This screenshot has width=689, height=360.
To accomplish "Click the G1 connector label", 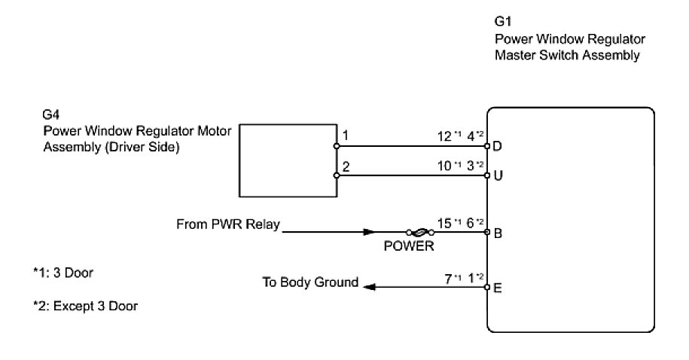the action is (x=503, y=21).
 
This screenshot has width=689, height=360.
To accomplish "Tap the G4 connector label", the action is (x=50, y=114).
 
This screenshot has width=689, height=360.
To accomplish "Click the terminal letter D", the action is (x=497, y=146).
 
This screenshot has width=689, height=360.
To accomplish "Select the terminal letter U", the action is (x=498, y=175).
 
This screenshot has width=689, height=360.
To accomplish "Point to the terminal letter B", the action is (x=498, y=233).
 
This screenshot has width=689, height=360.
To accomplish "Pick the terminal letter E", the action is (x=498, y=288).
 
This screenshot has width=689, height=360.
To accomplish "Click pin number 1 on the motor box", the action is (x=346, y=135).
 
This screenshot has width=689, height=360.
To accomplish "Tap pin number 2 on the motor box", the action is (x=346, y=166).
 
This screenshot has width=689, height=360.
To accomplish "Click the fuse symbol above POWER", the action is (x=420, y=232).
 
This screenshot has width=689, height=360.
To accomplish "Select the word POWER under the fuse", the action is (x=409, y=246).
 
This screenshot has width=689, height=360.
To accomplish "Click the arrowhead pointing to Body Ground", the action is (x=369, y=287).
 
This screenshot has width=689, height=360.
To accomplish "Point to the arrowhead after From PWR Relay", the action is (x=370, y=232).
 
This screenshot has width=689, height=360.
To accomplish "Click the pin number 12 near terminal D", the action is (x=444, y=136).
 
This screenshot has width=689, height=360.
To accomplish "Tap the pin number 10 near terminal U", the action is (x=444, y=166).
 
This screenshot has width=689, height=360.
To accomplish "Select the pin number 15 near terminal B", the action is (x=444, y=223).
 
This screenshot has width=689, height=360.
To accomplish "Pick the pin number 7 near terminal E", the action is (x=448, y=279).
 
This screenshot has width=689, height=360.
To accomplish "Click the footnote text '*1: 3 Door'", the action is (x=63, y=273).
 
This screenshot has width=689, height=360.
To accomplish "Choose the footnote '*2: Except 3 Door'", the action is (x=86, y=306).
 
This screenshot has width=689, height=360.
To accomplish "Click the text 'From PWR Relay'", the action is (x=228, y=224).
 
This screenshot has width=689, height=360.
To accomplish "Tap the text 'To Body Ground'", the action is (x=310, y=282).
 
